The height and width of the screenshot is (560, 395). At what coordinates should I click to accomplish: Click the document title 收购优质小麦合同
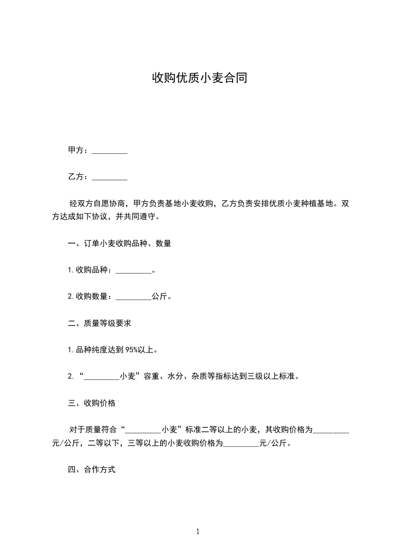pyautogui.click(x=199, y=78)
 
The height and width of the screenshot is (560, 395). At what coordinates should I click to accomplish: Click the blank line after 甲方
pyautogui.click(x=110, y=151)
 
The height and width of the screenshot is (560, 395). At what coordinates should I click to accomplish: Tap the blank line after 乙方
pyautogui.click(x=110, y=177)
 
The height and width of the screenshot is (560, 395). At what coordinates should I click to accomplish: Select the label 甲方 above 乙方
pyautogui.click(x=75, y=150)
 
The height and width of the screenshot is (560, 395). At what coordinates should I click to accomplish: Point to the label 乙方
pyautogui.click(x=75, y=177)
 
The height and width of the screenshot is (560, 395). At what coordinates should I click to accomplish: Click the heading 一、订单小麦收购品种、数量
pyautogui.click(x=120, y=244)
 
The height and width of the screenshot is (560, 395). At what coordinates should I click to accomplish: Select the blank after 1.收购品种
pyautogui.click(x=133, y=271)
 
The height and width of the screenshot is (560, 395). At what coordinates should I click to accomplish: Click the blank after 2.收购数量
pyautogui.click(x=133, y=297)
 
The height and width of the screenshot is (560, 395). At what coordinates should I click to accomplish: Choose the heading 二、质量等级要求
pyautogui.click(x=100, y=323)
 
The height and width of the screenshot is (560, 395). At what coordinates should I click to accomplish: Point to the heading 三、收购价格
pyautogui.click(x=92, y=403)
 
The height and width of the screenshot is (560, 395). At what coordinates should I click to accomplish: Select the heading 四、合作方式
pyautogui.click(x=92, y=470)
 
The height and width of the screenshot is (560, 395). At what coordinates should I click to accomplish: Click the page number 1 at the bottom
pyautogui.click(x=198, y=532)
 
